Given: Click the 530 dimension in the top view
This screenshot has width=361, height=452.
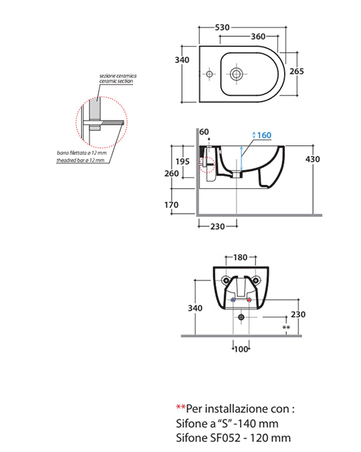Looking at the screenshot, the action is (x=222, y=27).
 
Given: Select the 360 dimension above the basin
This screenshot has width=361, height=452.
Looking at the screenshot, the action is (x=258, y=37).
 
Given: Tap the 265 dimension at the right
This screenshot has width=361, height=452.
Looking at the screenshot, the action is (x=297, y=71).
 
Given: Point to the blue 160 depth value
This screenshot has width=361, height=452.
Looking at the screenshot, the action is (x=264, y=135).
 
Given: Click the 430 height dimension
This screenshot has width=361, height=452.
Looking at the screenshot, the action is (x=313, y=159).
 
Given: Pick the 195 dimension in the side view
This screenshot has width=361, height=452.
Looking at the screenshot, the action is (x=183, y=161).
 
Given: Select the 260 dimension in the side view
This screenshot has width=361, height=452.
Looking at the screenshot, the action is (x=172, y=173).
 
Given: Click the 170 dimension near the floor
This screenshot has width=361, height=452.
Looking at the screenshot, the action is (x=171, y=205).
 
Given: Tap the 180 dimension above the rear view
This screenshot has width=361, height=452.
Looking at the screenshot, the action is (x=240, y=257).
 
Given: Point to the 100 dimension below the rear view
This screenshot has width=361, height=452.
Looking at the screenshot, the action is (x=241, y=350).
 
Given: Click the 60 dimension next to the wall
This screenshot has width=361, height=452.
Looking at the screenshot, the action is (x=204, y=132).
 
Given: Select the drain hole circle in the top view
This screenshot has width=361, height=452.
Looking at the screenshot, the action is (x=237, y=74).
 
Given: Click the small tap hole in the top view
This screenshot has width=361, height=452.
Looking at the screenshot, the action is (x=209, y=74).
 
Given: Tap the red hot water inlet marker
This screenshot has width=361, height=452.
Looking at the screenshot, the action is (x=249, y=300).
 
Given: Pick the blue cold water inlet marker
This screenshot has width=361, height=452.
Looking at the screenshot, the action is (x=233, y=300).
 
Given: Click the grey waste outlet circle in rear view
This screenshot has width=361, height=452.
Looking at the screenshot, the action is (x=241, y=317).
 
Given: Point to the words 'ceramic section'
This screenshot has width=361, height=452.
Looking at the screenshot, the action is (x=116, y=81).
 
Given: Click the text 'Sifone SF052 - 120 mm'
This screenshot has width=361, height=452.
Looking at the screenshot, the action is (x=233, y=438).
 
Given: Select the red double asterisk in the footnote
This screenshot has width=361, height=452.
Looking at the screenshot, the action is (x=180, y=407).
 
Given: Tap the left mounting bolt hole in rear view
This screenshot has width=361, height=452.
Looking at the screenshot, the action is (x=226, y=280).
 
